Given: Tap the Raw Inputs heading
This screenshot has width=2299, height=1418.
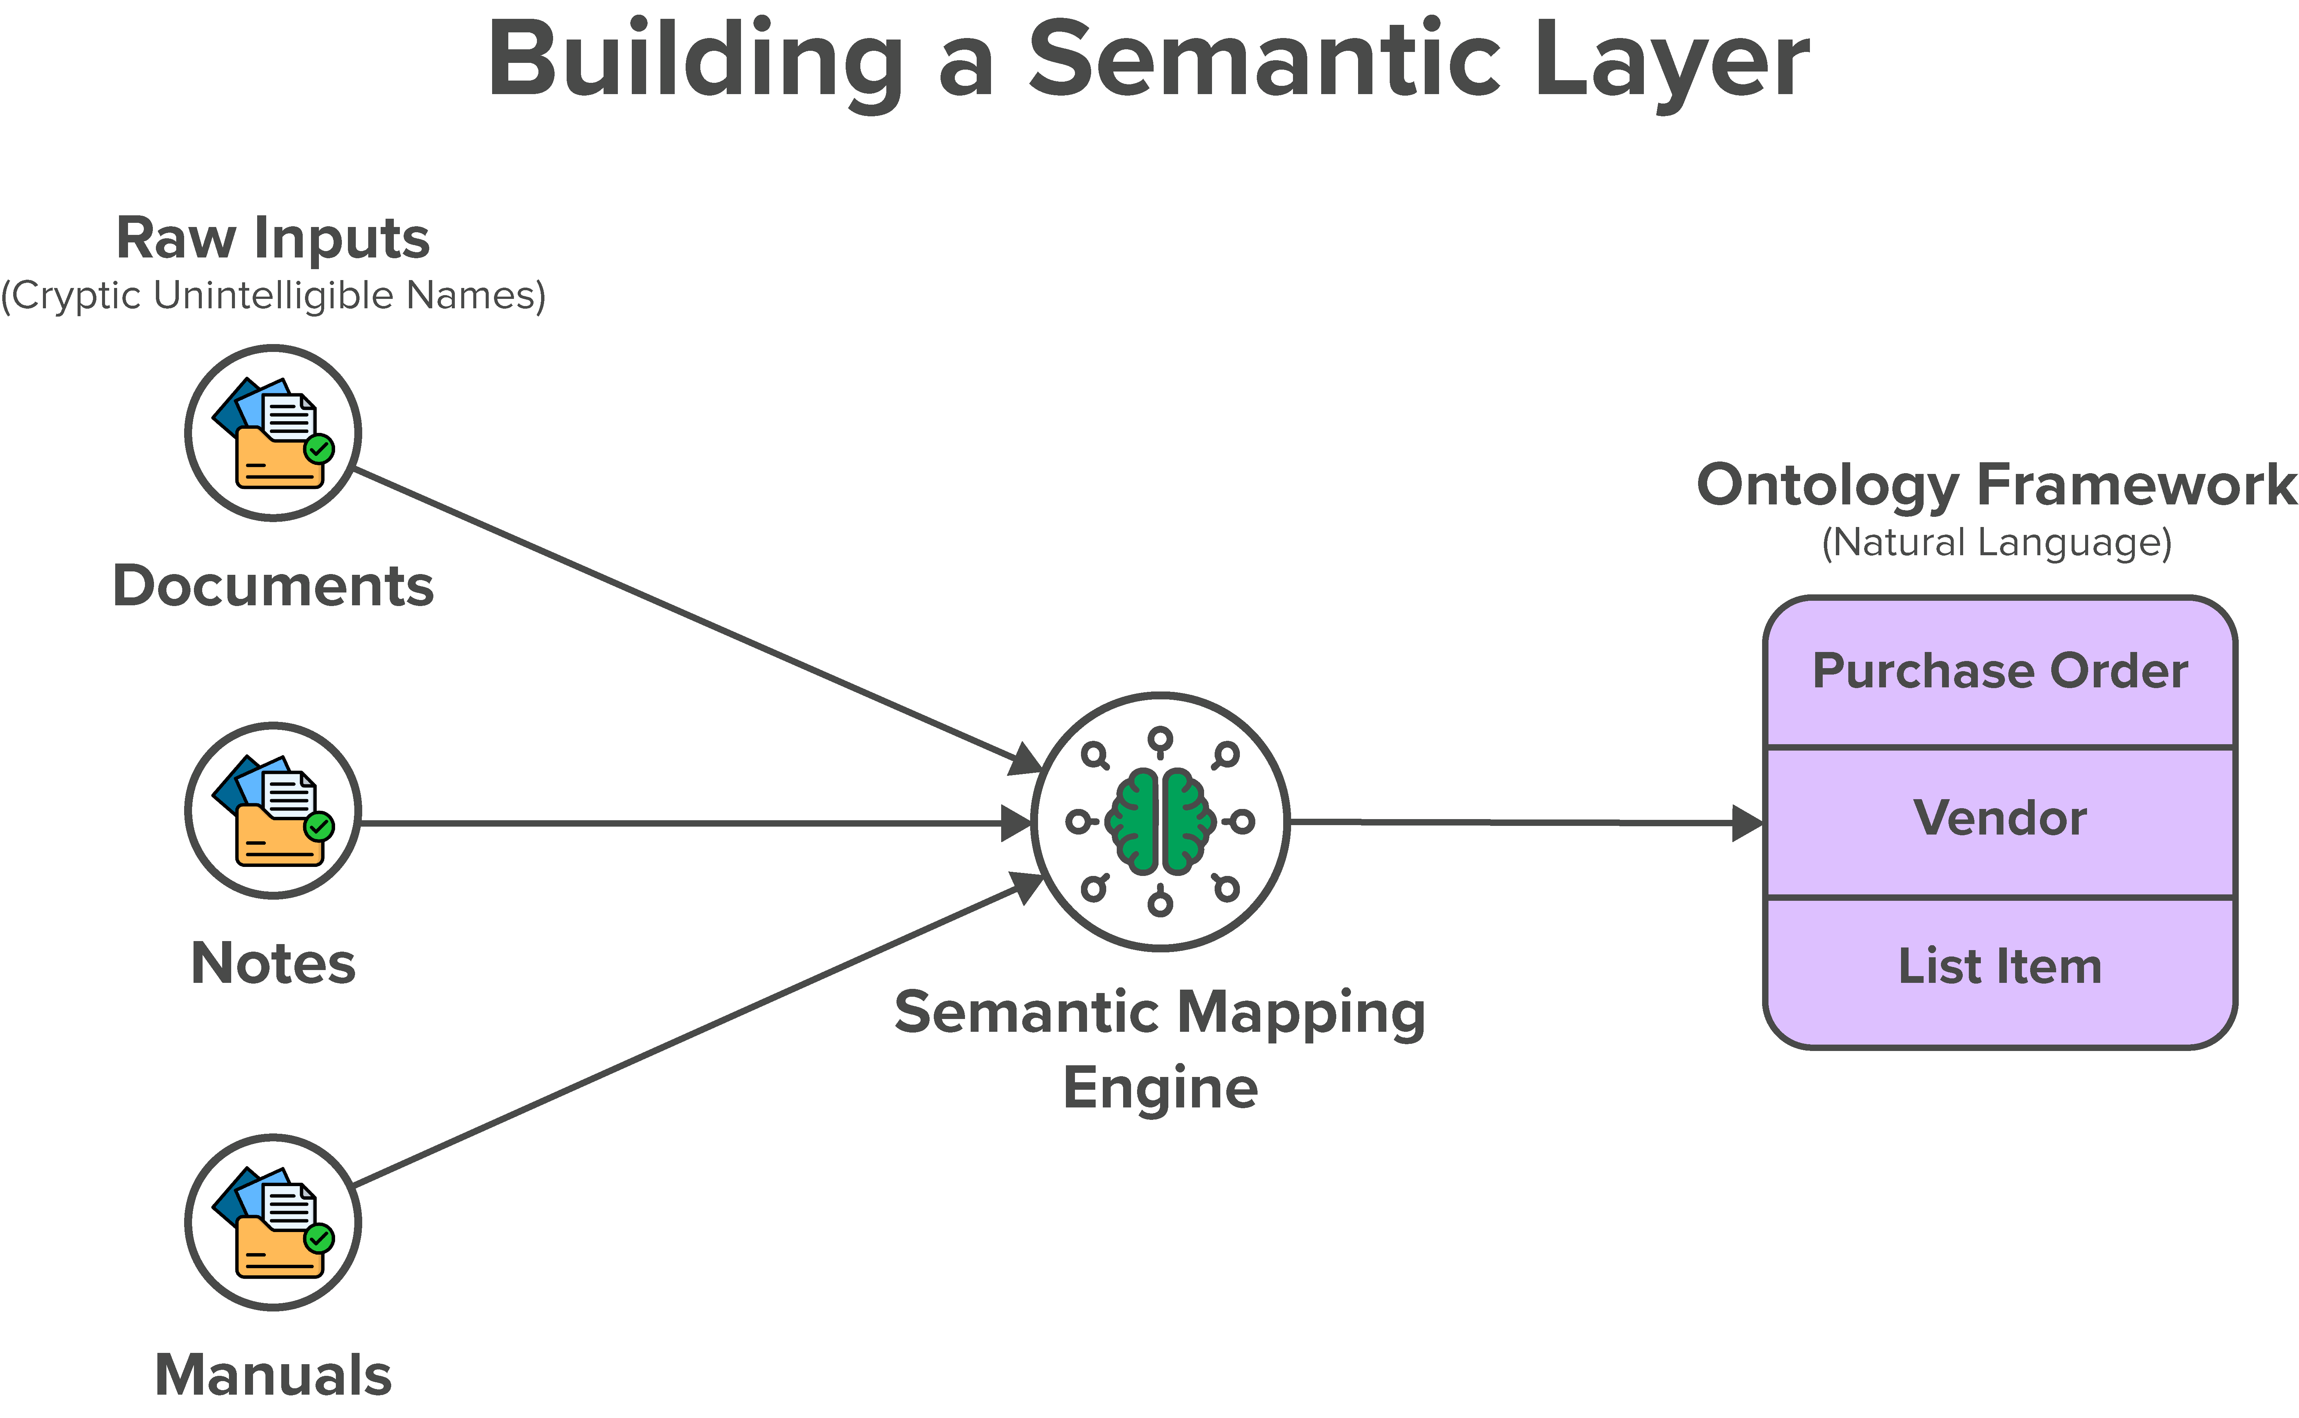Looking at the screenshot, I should [273, 238].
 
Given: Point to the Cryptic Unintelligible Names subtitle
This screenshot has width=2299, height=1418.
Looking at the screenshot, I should [273, 295].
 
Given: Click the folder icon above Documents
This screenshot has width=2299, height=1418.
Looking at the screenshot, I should [273, 433].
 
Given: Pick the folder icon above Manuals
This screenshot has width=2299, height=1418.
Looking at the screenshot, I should [273, 1223].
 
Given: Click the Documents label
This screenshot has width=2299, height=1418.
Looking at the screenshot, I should [273, 586].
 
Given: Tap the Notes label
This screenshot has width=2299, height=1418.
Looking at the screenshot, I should [273, 963].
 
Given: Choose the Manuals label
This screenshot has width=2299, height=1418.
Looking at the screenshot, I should [273, 1375].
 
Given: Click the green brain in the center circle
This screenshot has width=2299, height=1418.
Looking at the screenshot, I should [1160, 821].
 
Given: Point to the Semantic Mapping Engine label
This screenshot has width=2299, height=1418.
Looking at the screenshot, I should [1160, 1048].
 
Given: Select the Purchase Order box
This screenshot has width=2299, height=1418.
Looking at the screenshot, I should [2000, 672].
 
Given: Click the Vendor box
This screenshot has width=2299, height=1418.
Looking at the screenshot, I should [2000, 819].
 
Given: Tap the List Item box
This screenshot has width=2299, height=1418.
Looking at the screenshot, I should [2000, 967].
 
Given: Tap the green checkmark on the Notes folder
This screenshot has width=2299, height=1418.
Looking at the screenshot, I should [319, 826].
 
